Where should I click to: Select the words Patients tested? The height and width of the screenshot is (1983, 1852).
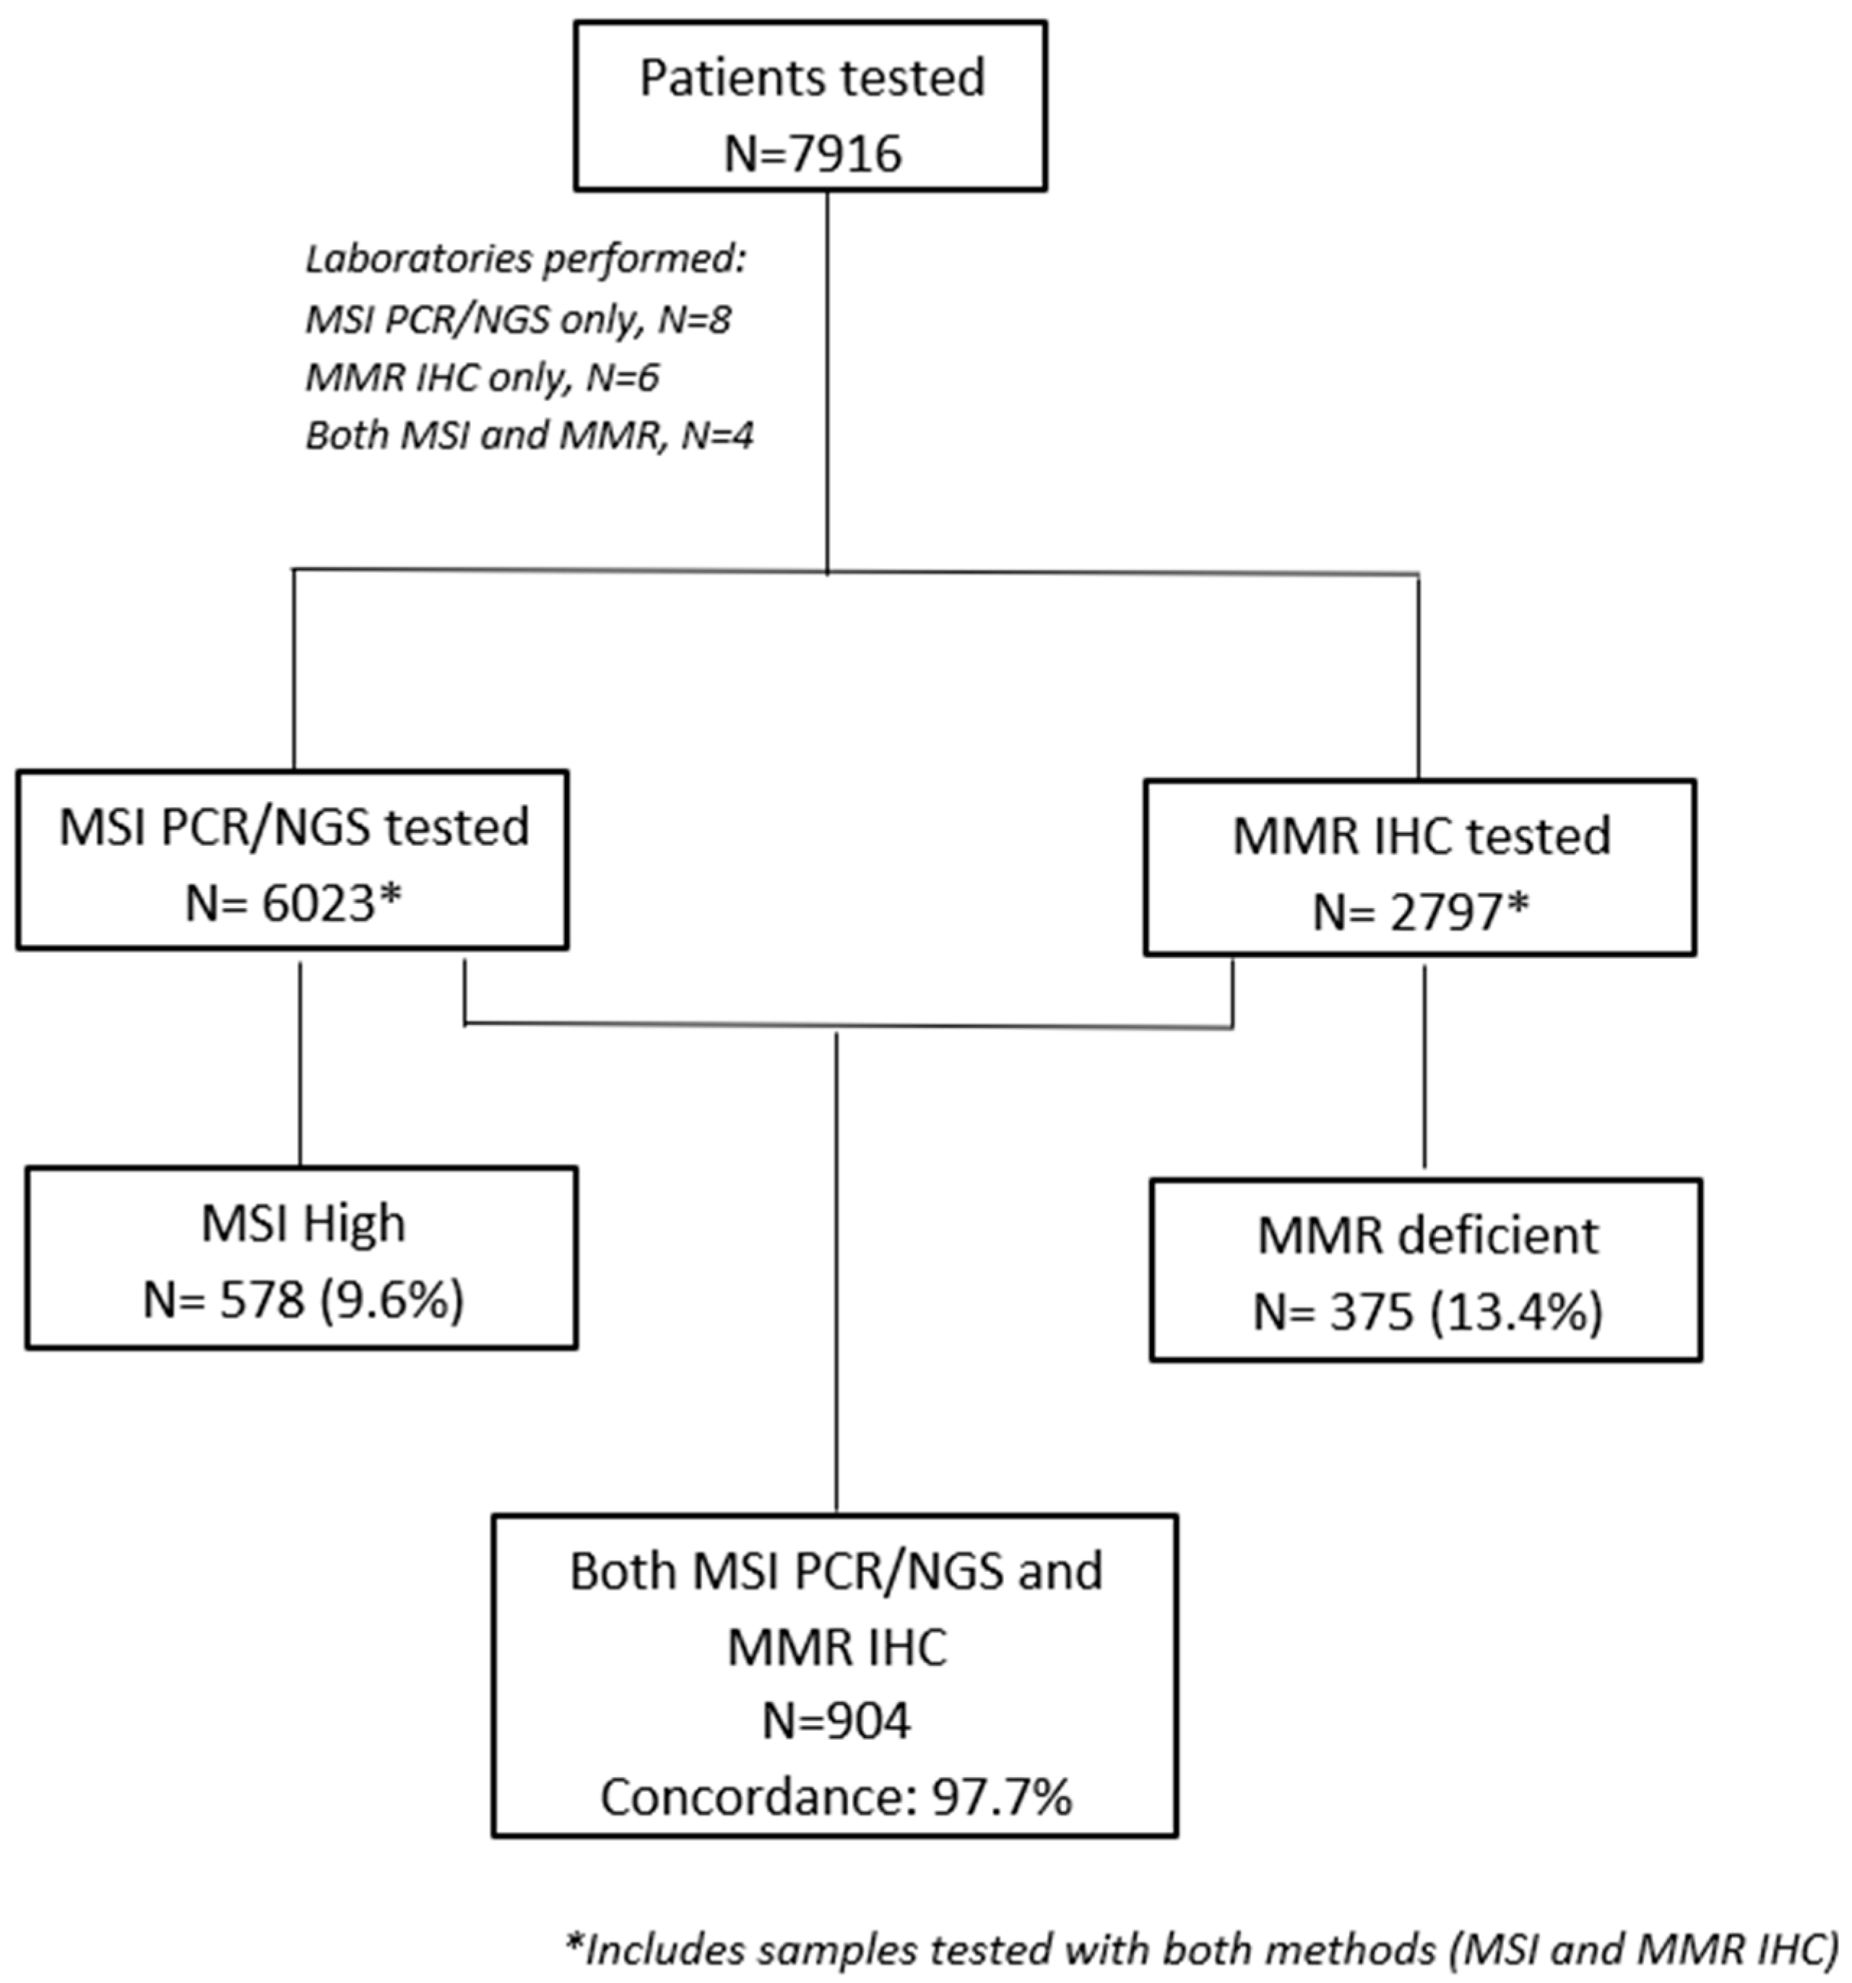tap(812, 78)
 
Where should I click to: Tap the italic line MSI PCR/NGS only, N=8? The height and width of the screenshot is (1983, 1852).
tap(518, 319)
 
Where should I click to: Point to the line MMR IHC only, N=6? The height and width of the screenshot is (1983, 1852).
tap(482, 377)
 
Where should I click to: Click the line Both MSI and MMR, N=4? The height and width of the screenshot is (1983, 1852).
tap(529, 436)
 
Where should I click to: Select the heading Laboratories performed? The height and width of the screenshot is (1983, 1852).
tap(526, 259)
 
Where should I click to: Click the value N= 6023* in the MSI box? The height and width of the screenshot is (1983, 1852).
tap(293, 904)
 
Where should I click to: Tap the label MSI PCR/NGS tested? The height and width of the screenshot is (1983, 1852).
tap(293, 827)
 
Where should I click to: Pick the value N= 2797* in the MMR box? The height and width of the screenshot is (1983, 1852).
tap(1420, 912)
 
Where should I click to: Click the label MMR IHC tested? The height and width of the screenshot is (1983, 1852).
tap(1422, 835)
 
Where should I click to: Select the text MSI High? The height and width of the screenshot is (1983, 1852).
tap(303, 1223)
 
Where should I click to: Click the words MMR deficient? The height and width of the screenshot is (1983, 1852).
tap(1427, 1235)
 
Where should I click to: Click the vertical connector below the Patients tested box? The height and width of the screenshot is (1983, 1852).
tap(828, 379)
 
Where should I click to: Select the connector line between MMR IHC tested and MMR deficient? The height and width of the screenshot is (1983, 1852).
tap(1423, 1066)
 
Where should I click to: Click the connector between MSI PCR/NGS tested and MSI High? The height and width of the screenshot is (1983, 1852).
tap(300, 1058)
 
